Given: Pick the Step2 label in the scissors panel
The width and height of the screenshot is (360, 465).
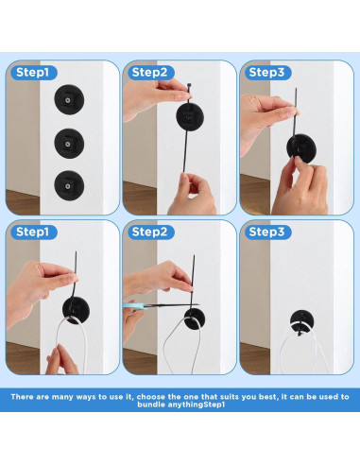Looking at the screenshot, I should tap(151, 232).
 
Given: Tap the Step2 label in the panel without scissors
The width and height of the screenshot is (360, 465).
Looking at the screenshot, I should tap(151, 73).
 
